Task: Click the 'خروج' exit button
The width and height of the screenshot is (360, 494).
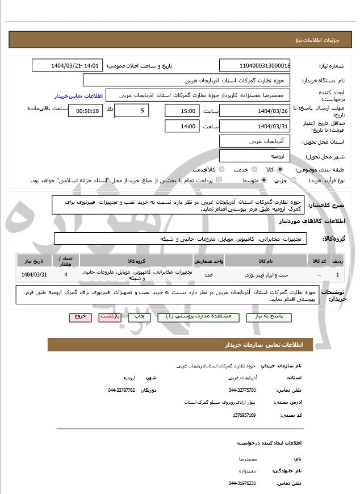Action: [x=80, y=316]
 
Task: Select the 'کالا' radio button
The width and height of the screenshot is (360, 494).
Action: [x=281, y=169]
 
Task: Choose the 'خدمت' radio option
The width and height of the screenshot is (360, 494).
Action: [x=253, y=169]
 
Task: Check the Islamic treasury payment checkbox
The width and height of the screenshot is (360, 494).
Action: [x=219, y=180]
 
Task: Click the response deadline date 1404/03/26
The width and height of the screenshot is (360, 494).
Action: [x=254, y=111]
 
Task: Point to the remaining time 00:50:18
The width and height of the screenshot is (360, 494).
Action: [x=86, y=111]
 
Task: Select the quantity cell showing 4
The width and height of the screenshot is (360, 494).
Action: [x=66, y=275]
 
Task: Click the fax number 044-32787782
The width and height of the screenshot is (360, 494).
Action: [x=122, y=390]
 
